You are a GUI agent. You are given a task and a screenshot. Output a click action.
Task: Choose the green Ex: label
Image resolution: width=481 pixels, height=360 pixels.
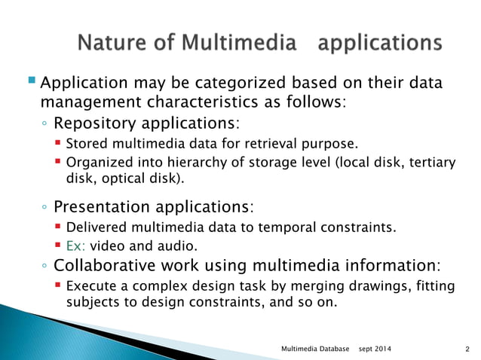coord(76,246)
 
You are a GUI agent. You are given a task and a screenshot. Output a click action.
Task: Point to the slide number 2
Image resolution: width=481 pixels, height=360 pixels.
coord(467,349)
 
